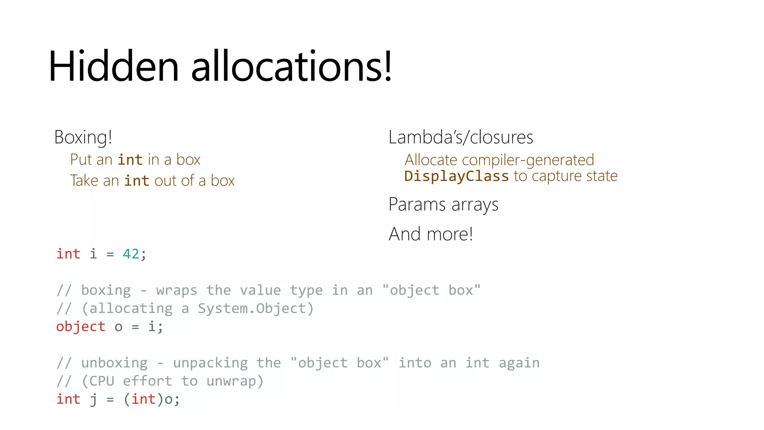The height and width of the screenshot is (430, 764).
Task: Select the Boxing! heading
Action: coord(83,137)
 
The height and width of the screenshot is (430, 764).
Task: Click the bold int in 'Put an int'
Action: coord(130,160)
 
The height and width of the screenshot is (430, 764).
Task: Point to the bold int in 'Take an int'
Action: coord(137,181)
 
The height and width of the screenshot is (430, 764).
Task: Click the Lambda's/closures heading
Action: coord(461,137)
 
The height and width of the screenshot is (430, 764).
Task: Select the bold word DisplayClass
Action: coord(456,176)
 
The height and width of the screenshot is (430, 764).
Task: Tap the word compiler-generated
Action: coord(528,160)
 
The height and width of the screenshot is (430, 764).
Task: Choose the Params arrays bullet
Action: coord(443,205)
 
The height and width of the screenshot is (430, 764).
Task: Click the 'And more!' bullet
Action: coord(431,234)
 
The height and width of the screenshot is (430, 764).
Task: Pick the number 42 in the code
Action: coord(131,254)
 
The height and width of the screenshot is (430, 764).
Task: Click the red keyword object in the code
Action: coord(81,327)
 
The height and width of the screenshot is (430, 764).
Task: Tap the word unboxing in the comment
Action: coord(114,363)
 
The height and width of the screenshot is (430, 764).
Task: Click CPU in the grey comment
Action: coord(101,381)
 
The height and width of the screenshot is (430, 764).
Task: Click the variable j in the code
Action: coord(93,399)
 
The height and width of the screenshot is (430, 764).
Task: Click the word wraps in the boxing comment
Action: coord(176,290)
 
